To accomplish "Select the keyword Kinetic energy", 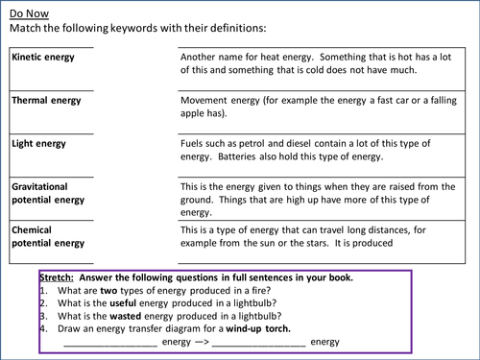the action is [42, 57].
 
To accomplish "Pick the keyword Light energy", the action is [38, 144].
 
